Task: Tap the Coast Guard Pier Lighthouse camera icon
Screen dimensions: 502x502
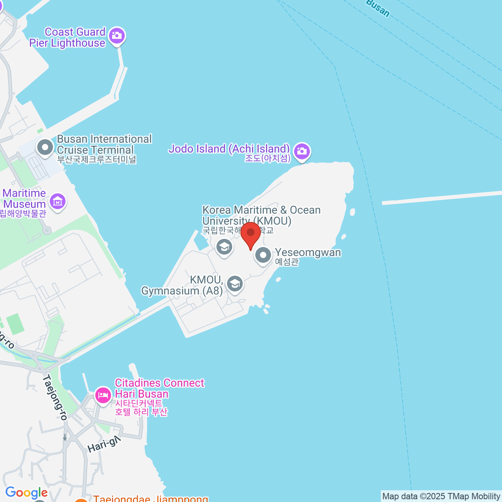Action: click(x=117, y=36)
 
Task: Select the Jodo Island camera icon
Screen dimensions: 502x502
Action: click(x=302, y=151)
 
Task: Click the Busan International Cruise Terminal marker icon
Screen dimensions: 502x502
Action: click(x=45, y=147)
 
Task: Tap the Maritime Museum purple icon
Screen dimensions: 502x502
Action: click(x=57, y=202)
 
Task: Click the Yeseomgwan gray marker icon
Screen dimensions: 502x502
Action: click(x=263, y=255)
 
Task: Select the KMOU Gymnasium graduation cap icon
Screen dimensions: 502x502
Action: click(x=235, y=284)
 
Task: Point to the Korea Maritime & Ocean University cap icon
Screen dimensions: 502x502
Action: click(x=224, y=247)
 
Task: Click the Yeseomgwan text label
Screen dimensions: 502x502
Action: click(x=308, y=253)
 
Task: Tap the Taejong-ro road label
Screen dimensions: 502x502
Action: click(x=55, y=397)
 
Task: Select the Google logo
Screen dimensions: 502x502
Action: click(x=26, y=493)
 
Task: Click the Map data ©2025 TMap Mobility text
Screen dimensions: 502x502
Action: click(x=441, y=497)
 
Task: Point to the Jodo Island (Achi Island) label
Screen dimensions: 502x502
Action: click(x=229, y=149)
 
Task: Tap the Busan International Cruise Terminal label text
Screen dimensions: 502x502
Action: click(x=104, y=144)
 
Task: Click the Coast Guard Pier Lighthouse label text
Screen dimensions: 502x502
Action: click(x=68, y=38)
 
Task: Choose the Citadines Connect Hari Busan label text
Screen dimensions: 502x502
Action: click(x=159, y=389)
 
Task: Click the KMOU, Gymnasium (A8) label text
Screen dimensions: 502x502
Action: click(x=182, y=285)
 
